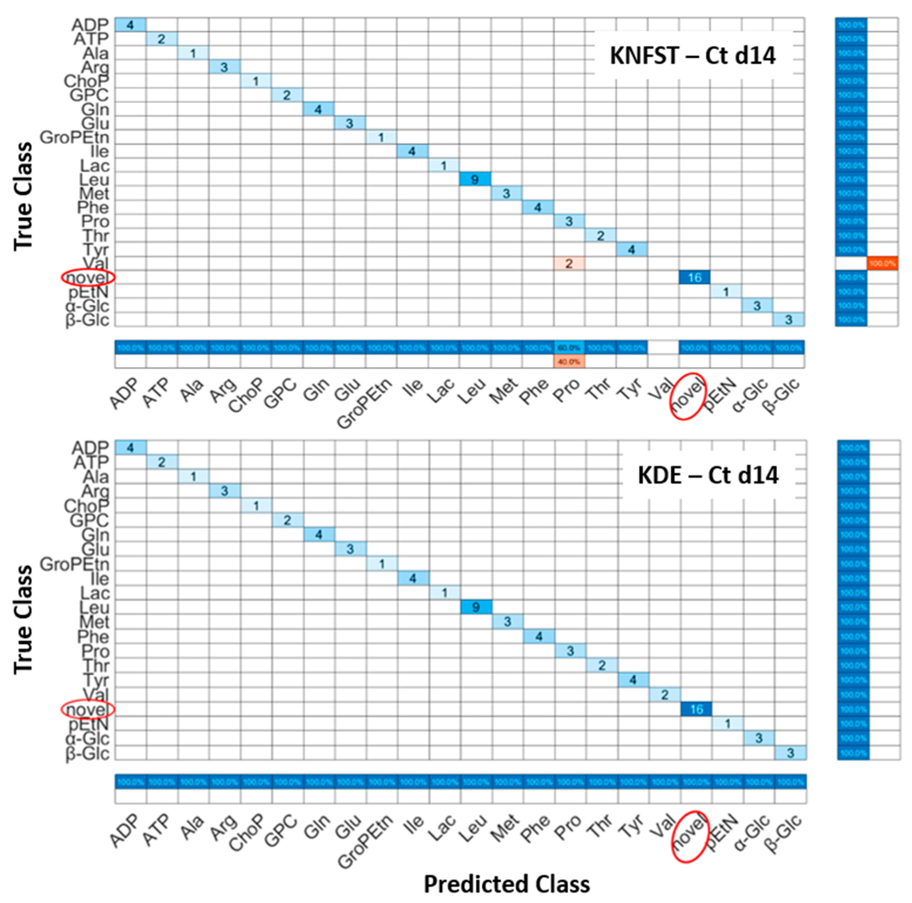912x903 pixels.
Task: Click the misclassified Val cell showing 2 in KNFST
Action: [x=569, y=264]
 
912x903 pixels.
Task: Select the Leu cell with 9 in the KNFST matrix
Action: [x=475, y=179]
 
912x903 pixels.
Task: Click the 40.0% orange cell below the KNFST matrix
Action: [x=569, y=362]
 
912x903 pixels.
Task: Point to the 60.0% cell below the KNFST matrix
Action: [x=569, y=347]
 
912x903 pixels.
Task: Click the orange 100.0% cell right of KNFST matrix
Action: [x=882, y=264]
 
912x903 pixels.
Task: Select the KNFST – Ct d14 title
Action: [x=692, y=56]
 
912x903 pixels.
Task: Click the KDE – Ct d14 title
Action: [x=708, y=475]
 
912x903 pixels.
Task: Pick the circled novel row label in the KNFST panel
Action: [x=88, y=278]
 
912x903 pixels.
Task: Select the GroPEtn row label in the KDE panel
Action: [x=75, y=564]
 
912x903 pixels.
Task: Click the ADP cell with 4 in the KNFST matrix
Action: [x=130, y=25]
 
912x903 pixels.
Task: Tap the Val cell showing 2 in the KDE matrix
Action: [x=665, y=694]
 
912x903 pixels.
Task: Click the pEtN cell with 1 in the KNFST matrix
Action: [x=726, y=292]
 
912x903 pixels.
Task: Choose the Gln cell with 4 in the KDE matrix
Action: [x=319, y=535]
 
